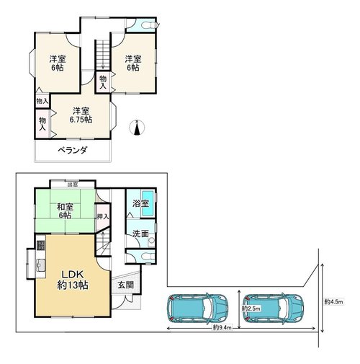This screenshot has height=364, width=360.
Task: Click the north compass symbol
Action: tap(137, 128)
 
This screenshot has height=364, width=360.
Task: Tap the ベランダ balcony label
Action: tap(73, 151)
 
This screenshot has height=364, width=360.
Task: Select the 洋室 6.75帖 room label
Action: tap(81, 115)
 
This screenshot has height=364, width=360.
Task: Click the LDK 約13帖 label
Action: tap(73, 280)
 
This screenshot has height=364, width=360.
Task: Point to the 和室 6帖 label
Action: tap(65, 210)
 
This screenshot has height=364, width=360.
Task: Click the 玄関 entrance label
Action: tap(125, 285)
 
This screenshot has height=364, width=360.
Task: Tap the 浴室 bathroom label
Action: tap(141, 203)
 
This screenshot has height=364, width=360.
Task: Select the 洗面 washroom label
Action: tap(140, 234)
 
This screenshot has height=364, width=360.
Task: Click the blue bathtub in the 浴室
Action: tap(148, 203)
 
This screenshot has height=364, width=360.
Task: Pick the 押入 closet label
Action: tap(103, 217)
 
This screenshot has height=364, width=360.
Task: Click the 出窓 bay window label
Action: tap(73, 185)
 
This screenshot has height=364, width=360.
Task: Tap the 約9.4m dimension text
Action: tap(222, 328)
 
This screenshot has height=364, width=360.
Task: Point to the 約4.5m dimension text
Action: tap(333, 302)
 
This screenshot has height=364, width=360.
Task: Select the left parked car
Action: tap(197, 308)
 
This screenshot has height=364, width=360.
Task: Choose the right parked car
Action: tap(274, 308)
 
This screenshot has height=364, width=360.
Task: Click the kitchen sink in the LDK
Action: tap(41, 266)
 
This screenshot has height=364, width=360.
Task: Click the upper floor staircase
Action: tap(103, 55)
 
